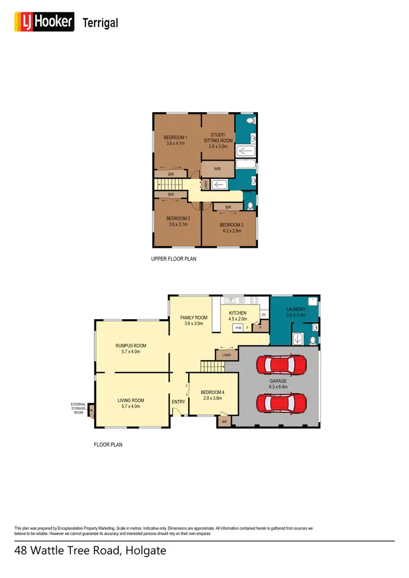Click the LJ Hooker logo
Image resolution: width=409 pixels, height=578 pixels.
[x=44, y=22]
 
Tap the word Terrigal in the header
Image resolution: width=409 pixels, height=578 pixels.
[x=100, y=23]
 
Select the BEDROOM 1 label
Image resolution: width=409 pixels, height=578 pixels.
[x=177, y=137]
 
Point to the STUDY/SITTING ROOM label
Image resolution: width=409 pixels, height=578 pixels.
[x=218, y=137]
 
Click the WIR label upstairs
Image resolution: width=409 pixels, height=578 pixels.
[x=217, y=169]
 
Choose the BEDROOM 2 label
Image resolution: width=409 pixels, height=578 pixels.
[x=177, y=218]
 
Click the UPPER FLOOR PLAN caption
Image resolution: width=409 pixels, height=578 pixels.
[x=173, y=259]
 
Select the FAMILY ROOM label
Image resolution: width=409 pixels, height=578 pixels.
[x=194, y=318]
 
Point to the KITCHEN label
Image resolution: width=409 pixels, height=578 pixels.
[x=238, y=313]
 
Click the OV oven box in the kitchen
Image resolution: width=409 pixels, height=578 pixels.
[x=263, y=315]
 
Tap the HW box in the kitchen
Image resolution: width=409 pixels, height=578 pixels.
[x=238, y=328]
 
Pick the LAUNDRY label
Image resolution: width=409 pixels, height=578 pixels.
[x=296, y=309]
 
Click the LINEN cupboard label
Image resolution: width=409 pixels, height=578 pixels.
[x=227, y=355]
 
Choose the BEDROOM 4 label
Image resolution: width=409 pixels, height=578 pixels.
[x=212, y=392]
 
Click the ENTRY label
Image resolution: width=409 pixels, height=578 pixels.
[x=178, y=402]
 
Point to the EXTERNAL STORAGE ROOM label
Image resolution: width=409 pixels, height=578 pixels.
[x=78, y=409]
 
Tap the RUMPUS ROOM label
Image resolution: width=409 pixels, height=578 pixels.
[x=131, y=345]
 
